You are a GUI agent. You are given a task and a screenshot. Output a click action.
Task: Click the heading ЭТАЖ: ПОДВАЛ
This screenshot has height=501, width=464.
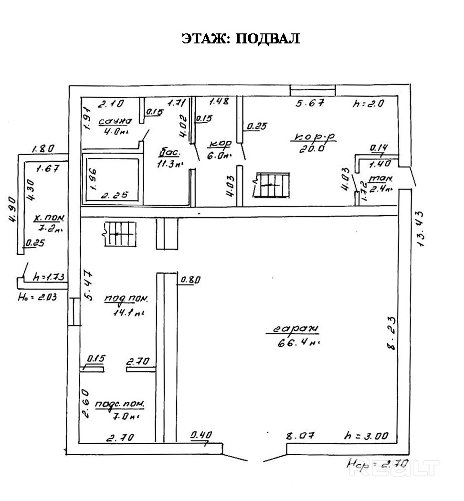coord(241,39)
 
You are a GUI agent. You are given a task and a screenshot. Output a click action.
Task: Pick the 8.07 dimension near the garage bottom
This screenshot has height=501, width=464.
coord(299,435)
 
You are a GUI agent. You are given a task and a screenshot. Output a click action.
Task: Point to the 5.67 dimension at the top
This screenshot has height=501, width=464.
coord(310,102)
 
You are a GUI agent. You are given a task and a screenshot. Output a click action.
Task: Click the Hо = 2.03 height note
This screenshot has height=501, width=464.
coord(37,297)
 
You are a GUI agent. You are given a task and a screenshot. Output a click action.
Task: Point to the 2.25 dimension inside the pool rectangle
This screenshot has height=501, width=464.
coord(113,195)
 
